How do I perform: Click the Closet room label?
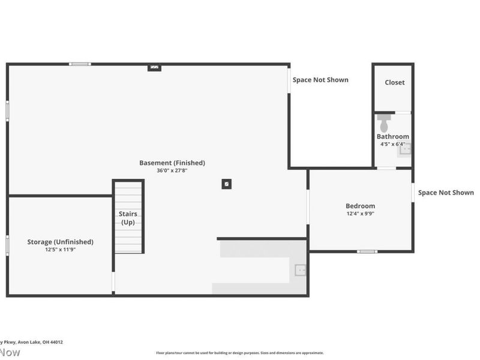[394, 83]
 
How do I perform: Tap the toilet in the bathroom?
[384, 124]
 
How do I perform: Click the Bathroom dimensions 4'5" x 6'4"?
[393, 144]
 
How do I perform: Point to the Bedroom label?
[360, 206]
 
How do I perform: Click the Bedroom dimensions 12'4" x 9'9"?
[360, 214]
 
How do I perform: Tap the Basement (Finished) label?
[172, 163]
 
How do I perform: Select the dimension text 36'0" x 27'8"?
[172, 170]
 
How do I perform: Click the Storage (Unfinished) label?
[60, 242]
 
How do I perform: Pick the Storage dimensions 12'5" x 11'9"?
[60, 250]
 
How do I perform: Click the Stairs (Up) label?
[128, 218]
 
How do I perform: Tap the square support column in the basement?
[226, 184]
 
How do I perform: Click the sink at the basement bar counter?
[301, 271]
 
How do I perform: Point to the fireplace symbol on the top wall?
[154, 67]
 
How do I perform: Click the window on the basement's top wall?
[80, 64]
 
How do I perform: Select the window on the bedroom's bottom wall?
[367, 251]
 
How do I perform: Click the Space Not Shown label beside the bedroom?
[446, 193]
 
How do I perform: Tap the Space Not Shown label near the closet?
[320, 80]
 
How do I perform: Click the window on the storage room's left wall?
[7, 245]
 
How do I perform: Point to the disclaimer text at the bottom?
[240, 353]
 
